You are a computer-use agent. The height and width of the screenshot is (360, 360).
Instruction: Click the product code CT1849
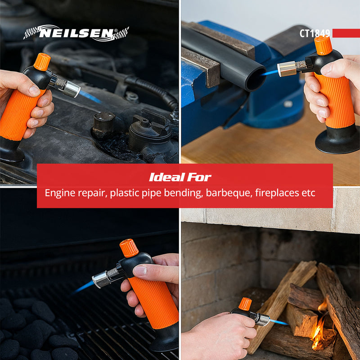pyautogui.click(x=315, y=33)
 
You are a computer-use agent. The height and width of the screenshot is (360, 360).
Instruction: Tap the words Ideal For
pyautogui.click(x=180, y=177)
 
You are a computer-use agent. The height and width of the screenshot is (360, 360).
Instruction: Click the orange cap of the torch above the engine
pyautogui.click(x=42, y=62)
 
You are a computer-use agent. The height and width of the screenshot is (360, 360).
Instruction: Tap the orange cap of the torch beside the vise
pyautogui.click(x=323, y=45)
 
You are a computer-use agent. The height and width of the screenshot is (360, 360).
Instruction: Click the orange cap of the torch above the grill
pyautogui.click(x=129, y=248)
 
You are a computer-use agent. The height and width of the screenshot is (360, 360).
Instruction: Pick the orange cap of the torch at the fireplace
pyautogui.click(x=245, y=304)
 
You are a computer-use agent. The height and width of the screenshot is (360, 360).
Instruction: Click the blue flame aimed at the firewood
pyautogui.click(x=279, y=322)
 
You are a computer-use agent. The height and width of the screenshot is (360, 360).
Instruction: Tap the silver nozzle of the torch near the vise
pyautogui.click(x=286, y=68)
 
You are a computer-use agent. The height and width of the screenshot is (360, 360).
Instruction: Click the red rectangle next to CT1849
pyautogui.click(x=346, y=33)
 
